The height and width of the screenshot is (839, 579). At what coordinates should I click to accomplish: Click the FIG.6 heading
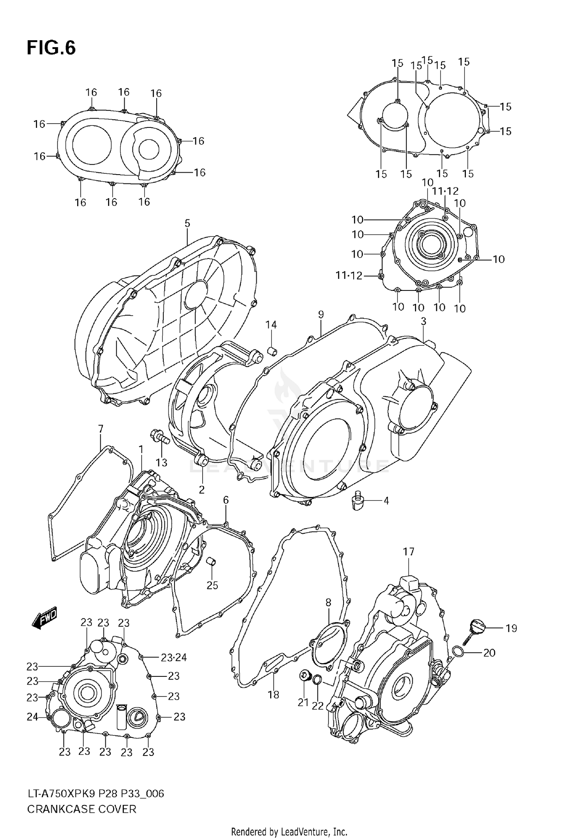click(51, 48)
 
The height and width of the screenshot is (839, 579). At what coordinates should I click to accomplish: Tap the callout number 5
click(187, 223)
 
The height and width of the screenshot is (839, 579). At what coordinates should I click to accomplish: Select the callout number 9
click(321, 314)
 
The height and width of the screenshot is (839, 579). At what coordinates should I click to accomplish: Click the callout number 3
click(423, 321)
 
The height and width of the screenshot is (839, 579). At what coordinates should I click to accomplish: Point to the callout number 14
click(271, 325)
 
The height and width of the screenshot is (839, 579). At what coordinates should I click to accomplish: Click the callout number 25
click(212, 585)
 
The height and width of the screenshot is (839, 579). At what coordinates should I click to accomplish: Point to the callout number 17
click(409, 552)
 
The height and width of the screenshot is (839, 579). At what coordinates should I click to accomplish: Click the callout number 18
click(273, 695)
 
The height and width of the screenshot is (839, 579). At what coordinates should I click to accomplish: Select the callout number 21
click(303, 703)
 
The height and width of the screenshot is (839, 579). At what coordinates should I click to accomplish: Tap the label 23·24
click(174, 657)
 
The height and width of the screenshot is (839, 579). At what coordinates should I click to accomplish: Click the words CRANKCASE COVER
click(81, 809)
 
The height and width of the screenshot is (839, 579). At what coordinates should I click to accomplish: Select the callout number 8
click(328, 602)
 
